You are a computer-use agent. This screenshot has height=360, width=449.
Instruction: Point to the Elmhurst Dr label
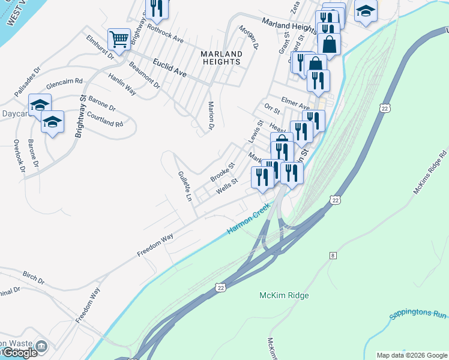[100, 48]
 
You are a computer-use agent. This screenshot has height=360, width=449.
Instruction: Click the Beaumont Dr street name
[144, 75]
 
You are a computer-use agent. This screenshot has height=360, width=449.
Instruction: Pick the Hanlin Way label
[122, 83]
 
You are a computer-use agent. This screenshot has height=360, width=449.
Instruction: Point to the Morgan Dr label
[248, 38]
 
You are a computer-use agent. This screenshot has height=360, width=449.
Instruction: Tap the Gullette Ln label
[184, 185]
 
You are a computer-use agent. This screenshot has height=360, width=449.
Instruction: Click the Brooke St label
[221, 172]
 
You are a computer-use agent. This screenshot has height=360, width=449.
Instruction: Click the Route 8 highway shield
[332, 256]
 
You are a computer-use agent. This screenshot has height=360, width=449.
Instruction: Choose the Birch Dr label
[33, 278]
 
